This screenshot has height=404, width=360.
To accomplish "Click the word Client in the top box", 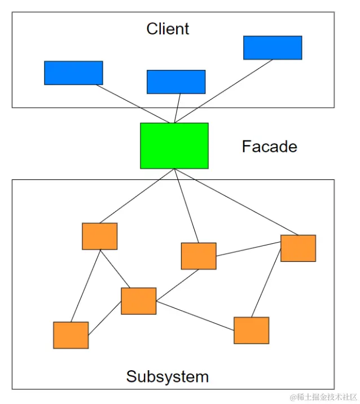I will [x=168, y=29].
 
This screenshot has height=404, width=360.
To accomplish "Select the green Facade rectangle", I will [x=174, y=146].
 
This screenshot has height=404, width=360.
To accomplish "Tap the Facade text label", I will [x=269, y=147].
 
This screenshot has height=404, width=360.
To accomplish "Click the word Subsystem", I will [x=167, y=376].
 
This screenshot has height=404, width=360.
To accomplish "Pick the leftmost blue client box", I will [x=73, y=73].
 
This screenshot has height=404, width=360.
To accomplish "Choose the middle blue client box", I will [x=175, y=82].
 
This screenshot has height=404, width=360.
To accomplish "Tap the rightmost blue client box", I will [x=273, y=48].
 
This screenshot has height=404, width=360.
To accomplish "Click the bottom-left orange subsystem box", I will [x=71, y=335].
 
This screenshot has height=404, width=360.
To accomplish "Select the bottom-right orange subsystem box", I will [x=251, y=330].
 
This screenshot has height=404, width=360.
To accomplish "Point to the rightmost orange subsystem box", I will [x=298, y=248].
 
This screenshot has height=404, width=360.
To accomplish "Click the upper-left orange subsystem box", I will [x=99, y=236].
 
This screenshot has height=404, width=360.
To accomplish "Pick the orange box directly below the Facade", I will [x=198, y=256].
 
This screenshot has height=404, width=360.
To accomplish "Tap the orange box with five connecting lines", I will [x=138, y=301].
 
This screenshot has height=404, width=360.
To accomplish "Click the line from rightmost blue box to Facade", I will [x=226, y=90].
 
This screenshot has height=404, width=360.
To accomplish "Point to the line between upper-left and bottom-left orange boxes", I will [x=86, y=285].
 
